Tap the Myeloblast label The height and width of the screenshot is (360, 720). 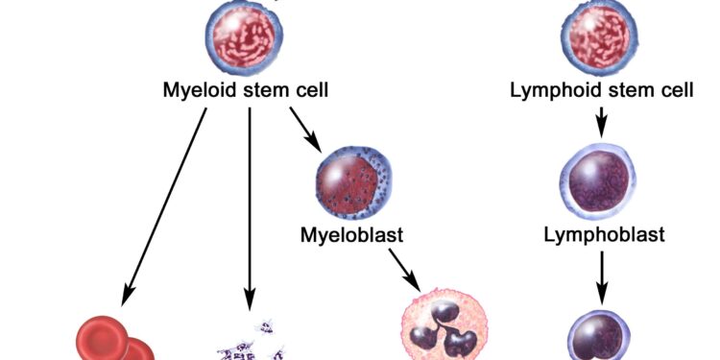pyautogui.click(x=351, y=233)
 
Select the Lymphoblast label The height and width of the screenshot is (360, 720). pyautogui.click(x=604, y=233)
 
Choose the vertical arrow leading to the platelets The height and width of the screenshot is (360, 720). pyautogui.click(x=250, y=202)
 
